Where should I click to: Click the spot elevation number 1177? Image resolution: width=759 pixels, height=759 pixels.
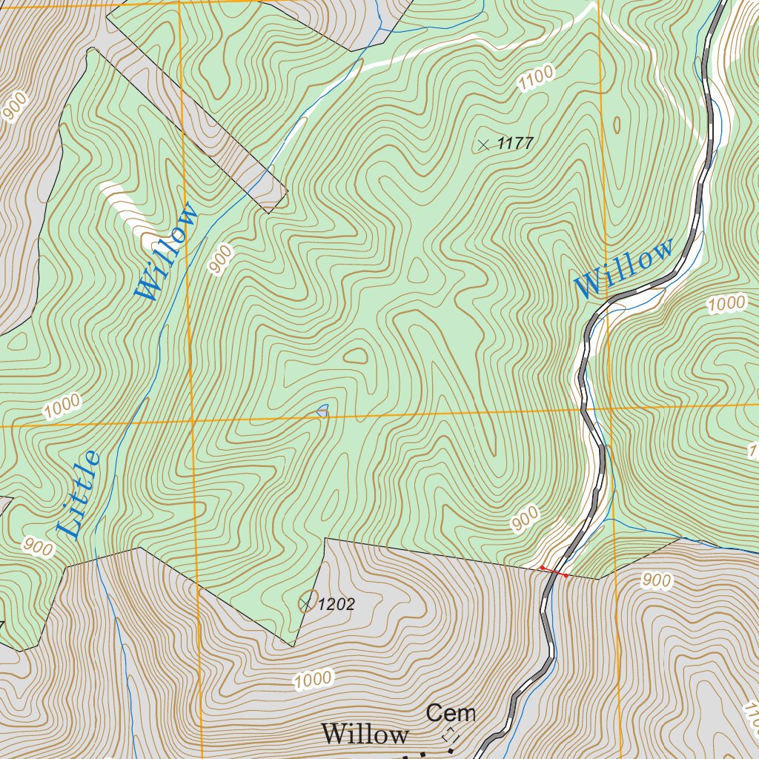click(x=515, y=144)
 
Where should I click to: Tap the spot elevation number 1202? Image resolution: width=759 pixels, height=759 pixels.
click(x=336, y=605)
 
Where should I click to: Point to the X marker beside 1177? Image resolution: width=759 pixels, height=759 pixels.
click(x=484, y=145)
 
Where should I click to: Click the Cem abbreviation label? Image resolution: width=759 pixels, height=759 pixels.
click(x=451, y=714)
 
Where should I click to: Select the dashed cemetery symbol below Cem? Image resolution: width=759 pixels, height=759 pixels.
click(x=449, y=735)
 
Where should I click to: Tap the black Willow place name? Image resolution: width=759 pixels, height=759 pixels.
click(x=365, y=735)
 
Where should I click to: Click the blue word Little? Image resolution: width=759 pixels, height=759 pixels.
click(x=79, y=494)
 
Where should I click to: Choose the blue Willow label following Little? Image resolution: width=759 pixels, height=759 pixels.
click(x=168, y=252)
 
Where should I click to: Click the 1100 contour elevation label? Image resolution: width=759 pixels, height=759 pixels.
click(x=535, y=78)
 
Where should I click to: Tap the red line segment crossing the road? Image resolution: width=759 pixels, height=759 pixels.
click(x=554, y=571)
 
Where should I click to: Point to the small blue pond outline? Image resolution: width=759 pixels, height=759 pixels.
click(x=322, y=410)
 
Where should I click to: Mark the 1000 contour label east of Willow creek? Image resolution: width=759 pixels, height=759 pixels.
click(x=726, y=303)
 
